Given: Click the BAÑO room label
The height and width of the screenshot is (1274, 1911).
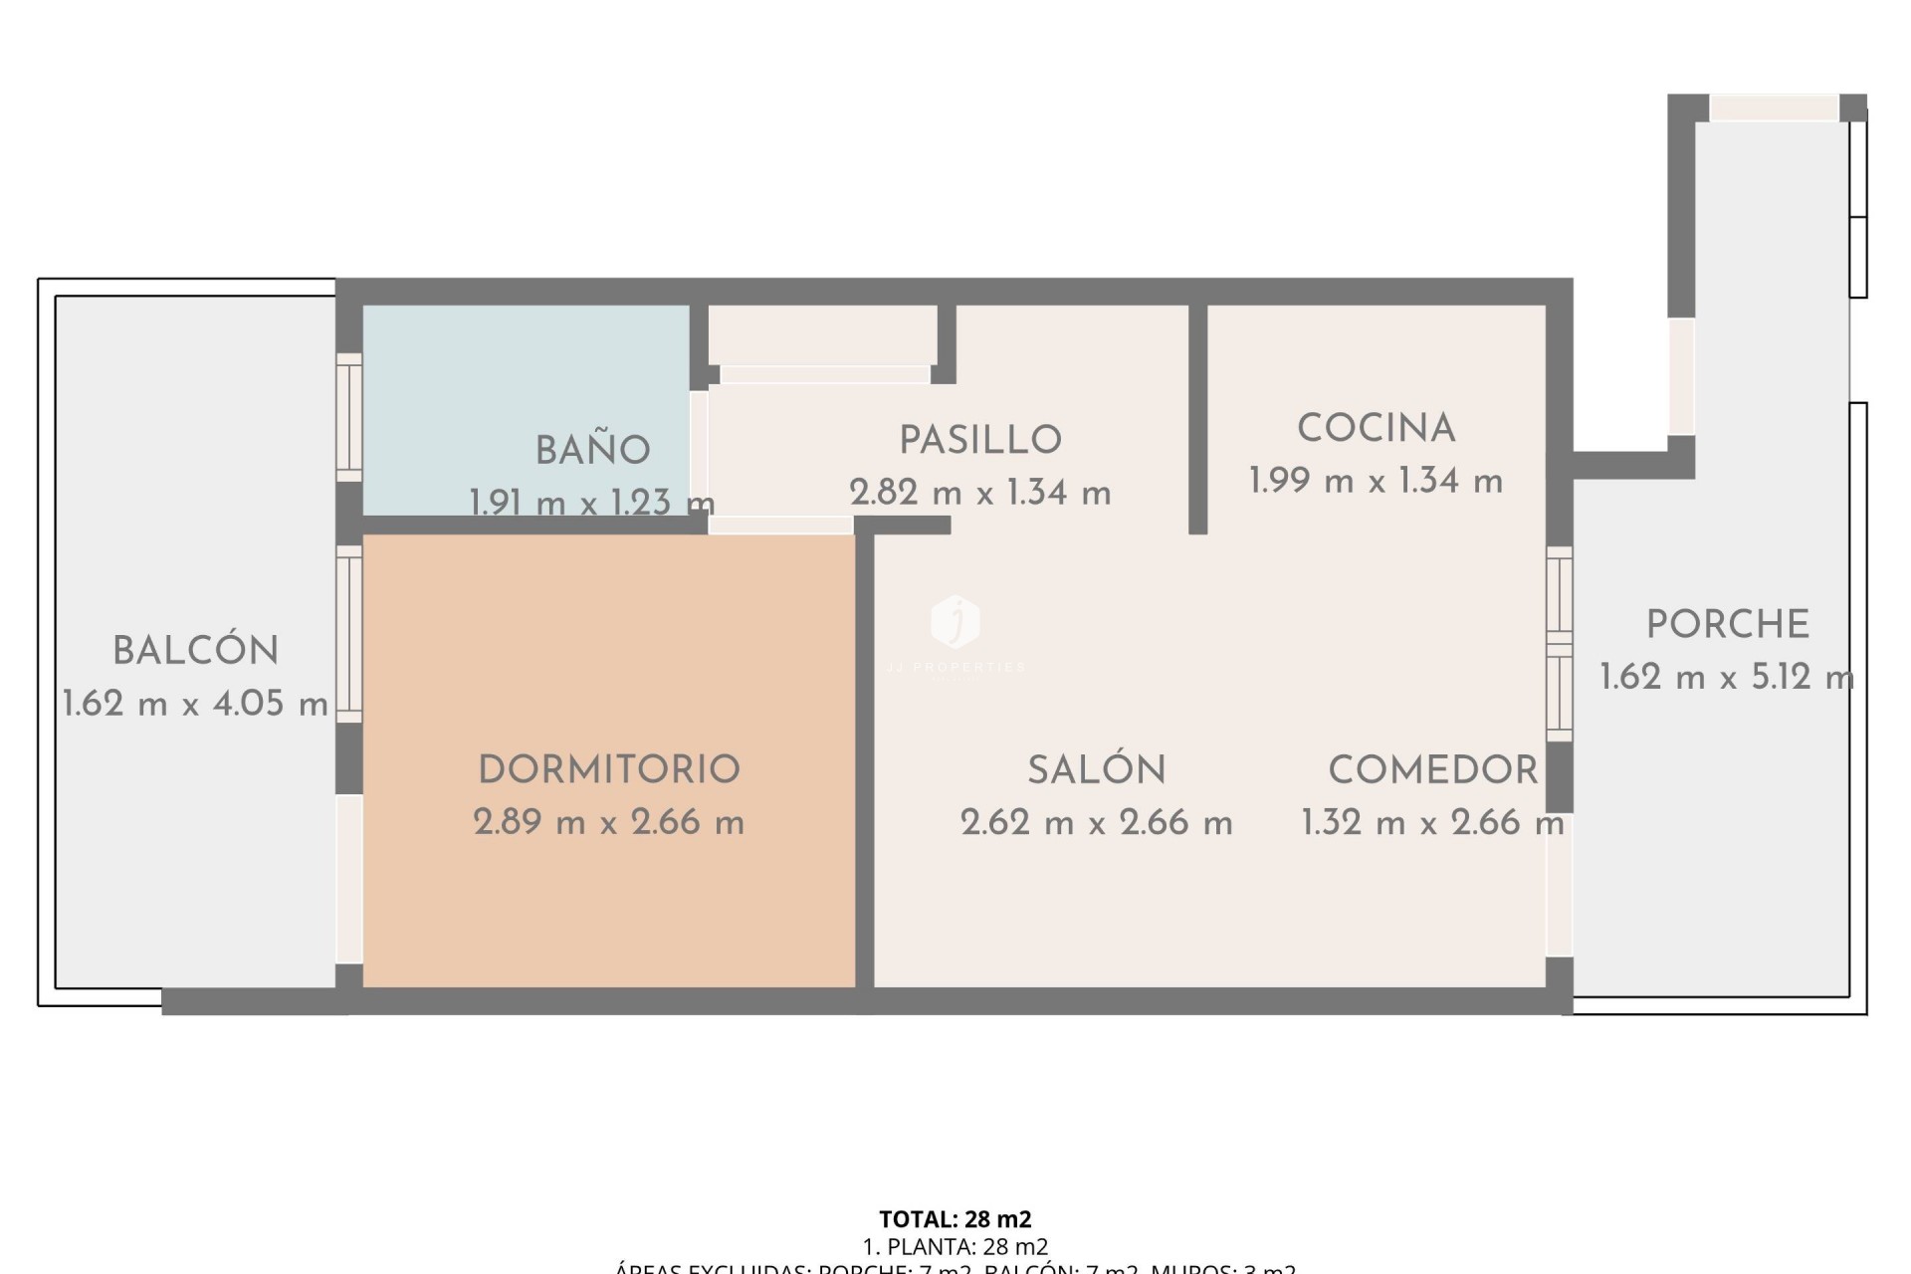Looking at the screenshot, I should point(592,451).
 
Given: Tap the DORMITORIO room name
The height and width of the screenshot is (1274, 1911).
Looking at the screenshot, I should point(609,769).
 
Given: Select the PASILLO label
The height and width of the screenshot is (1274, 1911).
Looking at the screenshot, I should point(980,440).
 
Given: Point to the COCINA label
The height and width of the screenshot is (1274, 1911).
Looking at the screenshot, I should point(1377,429).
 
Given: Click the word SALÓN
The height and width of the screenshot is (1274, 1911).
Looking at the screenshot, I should point(1097,769).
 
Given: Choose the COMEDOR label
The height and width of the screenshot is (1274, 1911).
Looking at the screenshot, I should point(1433,769).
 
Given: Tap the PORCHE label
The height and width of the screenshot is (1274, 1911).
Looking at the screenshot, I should point(1727,625).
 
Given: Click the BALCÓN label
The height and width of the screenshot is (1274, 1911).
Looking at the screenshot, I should point(196,651).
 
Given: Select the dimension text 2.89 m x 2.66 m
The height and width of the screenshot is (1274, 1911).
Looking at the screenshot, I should point(609,822).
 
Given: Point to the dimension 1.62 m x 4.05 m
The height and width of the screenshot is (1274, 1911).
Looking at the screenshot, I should point(196,704).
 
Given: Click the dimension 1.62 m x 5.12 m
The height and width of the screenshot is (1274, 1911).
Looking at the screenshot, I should point(1727,678).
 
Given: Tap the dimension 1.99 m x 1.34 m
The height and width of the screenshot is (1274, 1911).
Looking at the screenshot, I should point(1377,482).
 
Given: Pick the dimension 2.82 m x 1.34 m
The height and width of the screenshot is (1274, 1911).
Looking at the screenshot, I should point(980,493).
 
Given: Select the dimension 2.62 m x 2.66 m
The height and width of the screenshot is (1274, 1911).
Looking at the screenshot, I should point(1097,822).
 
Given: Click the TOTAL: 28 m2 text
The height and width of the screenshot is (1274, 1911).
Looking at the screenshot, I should point(955,1219).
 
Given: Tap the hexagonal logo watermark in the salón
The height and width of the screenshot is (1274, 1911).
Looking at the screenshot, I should point(955,621).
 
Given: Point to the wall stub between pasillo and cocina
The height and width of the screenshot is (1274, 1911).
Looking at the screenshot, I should point(1198,418).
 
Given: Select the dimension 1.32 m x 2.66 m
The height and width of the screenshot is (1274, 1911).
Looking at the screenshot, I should point(1433,822).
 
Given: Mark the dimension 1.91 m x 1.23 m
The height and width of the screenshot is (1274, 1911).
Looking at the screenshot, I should point(592,503).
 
